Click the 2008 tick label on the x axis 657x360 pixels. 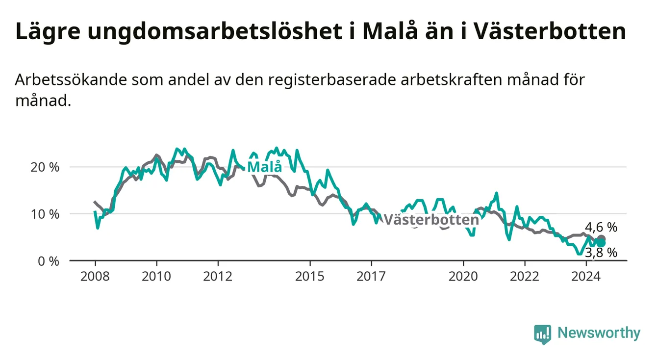pyautogui.click(x=95, y=277)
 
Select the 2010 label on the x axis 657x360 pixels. pyautogui.click(x=156, y=277)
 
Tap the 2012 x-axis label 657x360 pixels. pyautogui.click(x=218, y=277)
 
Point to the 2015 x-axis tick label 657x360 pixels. pyautogui.click(x=310, y=277)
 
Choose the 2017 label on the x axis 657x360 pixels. pyautogui.click(x=371, y=277)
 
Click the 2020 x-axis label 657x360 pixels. pyautogui.click(x=463, y=277)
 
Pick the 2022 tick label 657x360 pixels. pyautogui.click(x=525, y=277)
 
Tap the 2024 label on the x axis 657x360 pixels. pyautogui.click(x=586, y=277)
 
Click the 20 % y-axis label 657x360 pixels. pyautogui.click(x=45, y=167)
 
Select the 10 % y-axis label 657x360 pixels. pyautogui.click(x=45, y=214)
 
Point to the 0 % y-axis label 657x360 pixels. pyautogui.click(x=49, y=261)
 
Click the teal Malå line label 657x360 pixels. pyautogui.click(x=265, y=166)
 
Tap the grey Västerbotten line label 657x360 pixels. pyautogui.click(x=431, y=219)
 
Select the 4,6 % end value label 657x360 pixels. pyautogui.click(x=601, y=227)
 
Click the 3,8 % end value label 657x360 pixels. pyautogui.click(x=601, y=252)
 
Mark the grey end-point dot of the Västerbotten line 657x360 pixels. pyautogui.click(x=601, y=239)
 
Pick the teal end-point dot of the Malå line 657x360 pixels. pyautogui.click(x=601, y=243)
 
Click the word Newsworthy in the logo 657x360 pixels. pyautogui.click(x=599, y=333)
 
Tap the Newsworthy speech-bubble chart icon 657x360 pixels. pyautogui.click(x=543, y=334)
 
